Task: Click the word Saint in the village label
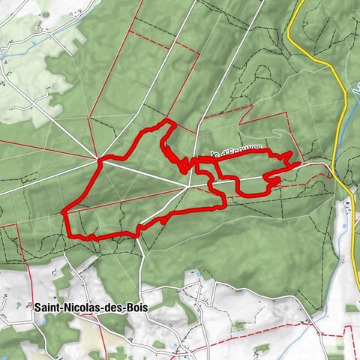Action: [46, 307]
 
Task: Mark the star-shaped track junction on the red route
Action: [99, 158]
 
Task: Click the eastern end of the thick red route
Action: [299, 163]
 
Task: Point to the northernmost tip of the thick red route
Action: [166, 121]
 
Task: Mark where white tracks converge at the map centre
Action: [187, 187]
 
